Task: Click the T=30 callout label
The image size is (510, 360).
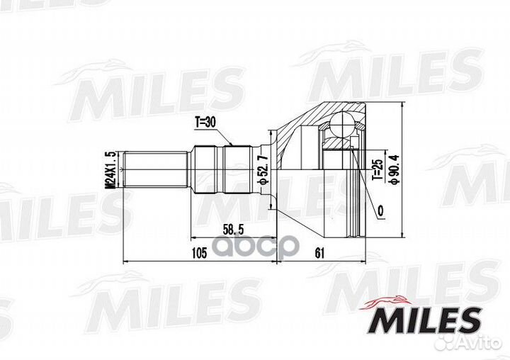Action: [205, 122]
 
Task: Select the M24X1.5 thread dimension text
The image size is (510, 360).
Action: [111, 169]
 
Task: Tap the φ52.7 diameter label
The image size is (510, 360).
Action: [263, 169]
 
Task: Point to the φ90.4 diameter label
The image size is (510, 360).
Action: [395, 169]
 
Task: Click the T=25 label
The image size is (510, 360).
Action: [378, 169]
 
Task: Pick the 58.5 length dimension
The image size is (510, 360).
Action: [233, 229]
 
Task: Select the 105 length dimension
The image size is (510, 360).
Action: [199, 252]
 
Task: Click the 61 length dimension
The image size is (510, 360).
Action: [319, 252]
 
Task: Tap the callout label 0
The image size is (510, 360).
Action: [380, 211]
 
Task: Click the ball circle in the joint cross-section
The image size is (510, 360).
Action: [342, 123]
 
